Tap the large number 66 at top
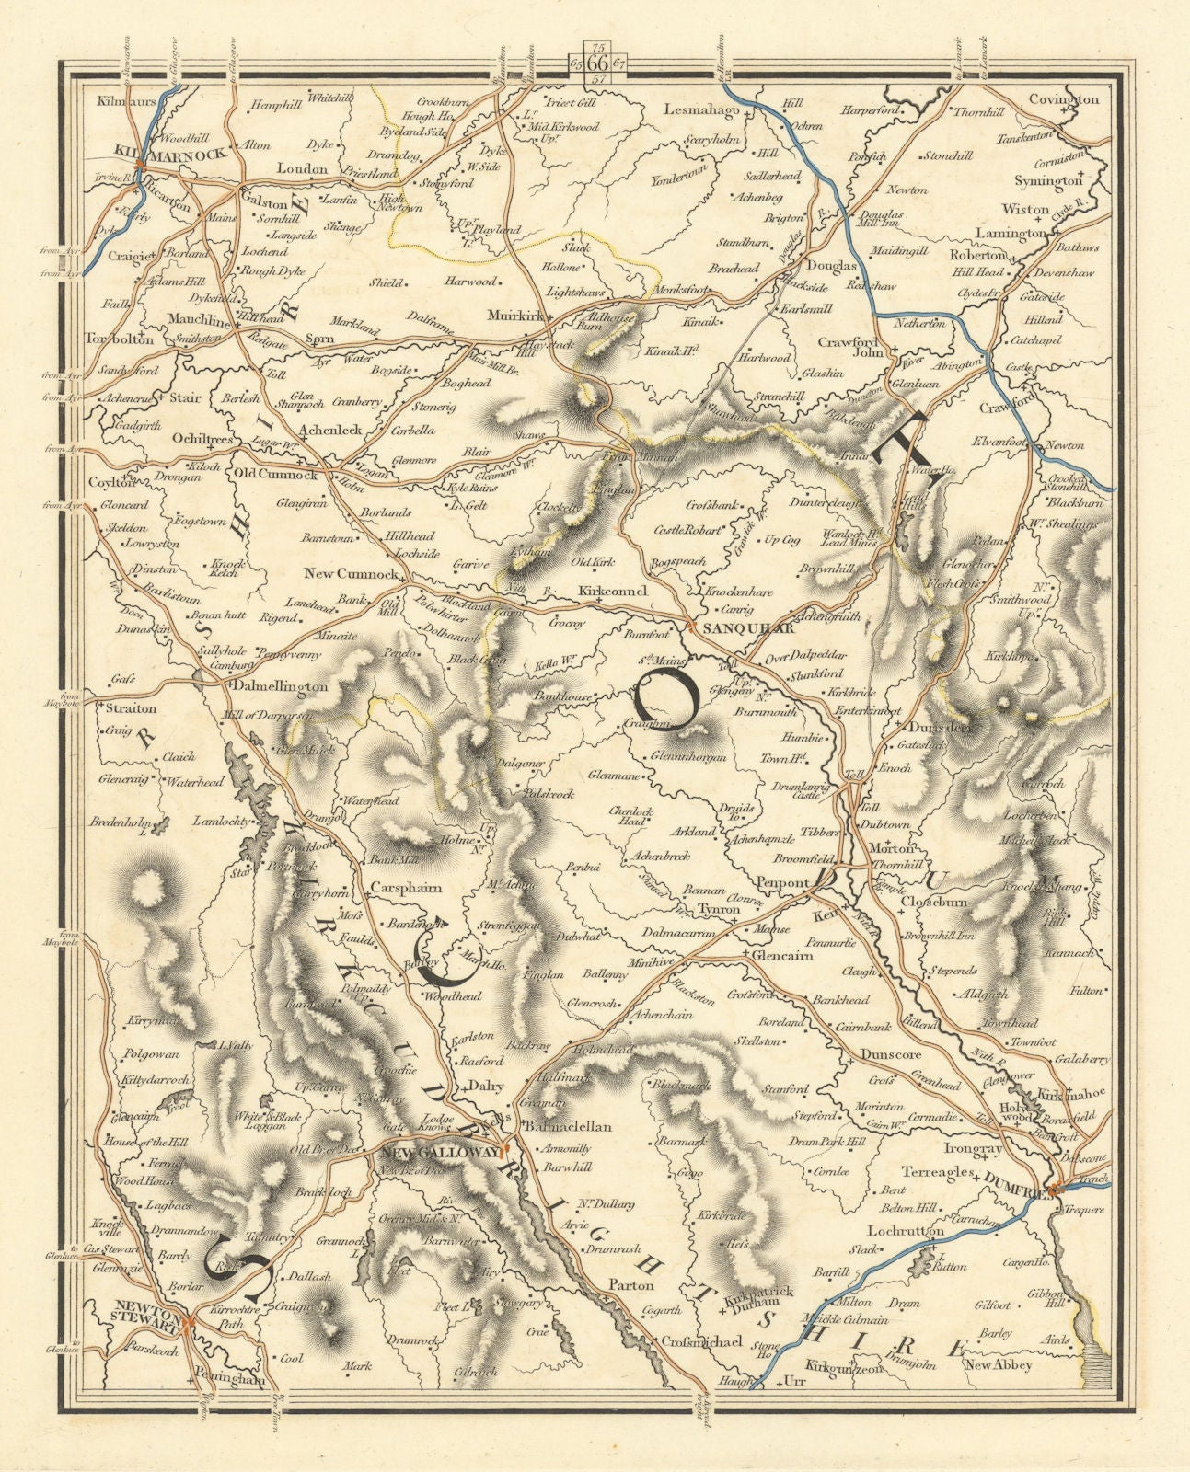tap(596, 63)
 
